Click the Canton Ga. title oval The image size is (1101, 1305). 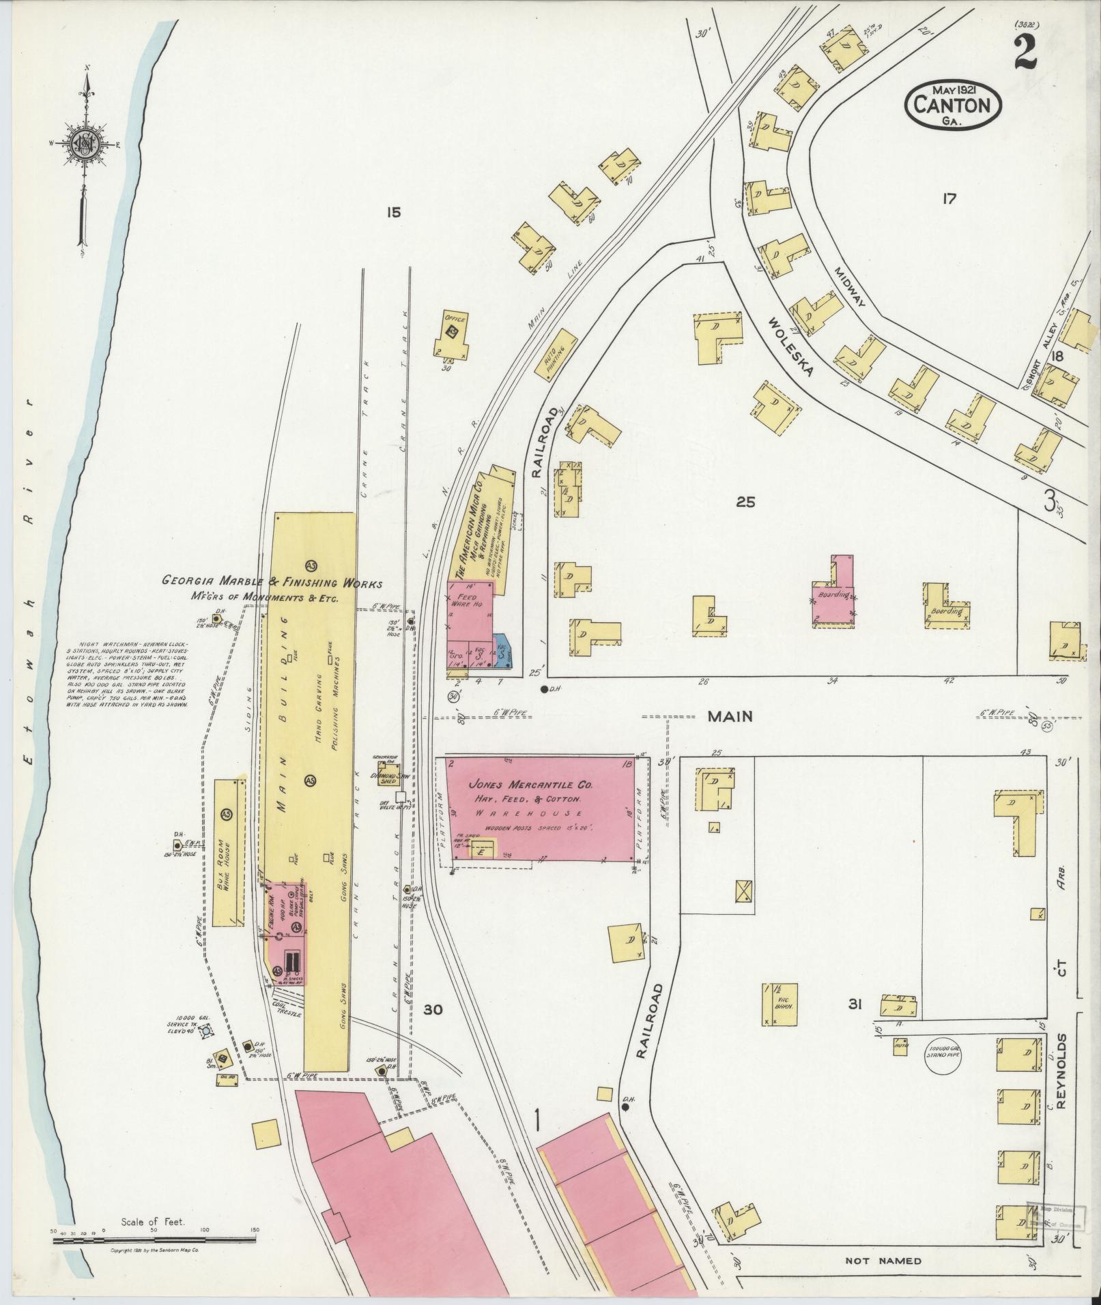953,106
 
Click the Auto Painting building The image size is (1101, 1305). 556,354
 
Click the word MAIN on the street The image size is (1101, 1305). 729,716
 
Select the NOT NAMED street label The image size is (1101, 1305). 883,1261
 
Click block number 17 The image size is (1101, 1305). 948,199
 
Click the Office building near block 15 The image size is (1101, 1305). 451,336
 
